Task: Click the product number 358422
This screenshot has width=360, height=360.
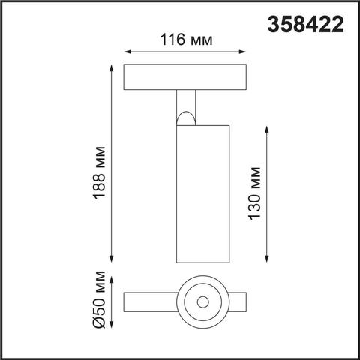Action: (x=306, y=25)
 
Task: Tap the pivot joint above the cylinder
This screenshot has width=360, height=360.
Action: (x=186, y=115)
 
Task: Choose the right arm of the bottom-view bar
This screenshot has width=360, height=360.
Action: (x=238, y=302)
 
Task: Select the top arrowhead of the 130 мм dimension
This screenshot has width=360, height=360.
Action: (x=268, y=128)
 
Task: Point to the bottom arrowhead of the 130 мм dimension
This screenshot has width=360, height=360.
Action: (x=268, y=259)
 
